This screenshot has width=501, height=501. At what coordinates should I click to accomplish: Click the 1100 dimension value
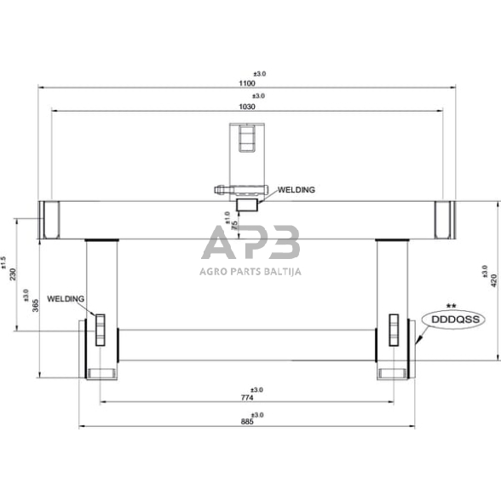point(248,82)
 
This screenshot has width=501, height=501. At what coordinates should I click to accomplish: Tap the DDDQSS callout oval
point(451,320)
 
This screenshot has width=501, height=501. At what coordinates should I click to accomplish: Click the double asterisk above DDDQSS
point(452,304)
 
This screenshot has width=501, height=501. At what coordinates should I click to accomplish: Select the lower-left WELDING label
point(66,299)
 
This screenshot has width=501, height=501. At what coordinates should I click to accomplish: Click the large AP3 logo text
point(250,243)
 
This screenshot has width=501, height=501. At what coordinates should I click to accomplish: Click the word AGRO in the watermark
point(215,272)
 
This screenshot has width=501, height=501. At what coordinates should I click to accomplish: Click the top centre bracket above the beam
point(248,141)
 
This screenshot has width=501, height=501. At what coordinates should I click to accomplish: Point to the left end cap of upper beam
point(50,220)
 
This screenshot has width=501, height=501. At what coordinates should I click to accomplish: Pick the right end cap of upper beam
point(443,220)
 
